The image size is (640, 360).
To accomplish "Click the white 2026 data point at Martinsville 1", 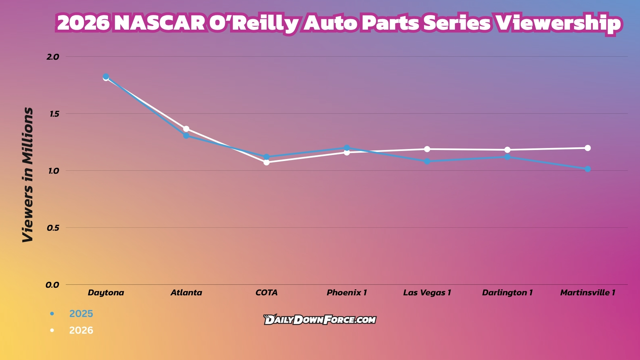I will coord(588,148).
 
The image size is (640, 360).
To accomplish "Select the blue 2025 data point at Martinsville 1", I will coord(588,169).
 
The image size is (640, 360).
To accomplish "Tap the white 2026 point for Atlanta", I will coord(186,129).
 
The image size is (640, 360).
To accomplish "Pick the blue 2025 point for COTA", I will coord(267,157).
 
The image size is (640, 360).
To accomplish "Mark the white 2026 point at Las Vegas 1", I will coord(427,149).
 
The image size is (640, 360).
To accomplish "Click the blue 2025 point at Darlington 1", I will coord(507,157).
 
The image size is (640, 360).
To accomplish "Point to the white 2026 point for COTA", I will coord(267,162).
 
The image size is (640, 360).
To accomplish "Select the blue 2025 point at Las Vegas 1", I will coord(427,161).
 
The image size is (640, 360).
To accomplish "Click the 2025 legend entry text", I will coord(81,314).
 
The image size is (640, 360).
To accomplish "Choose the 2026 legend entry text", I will coord(81,330).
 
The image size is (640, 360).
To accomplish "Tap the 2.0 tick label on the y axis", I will coord(53,57).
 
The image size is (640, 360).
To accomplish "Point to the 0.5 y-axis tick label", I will coord(53,228).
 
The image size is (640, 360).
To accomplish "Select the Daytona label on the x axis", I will coord(106,293).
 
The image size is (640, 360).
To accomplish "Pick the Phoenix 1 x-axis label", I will coord(347,293).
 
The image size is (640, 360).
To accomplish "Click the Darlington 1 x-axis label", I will coord(507,293).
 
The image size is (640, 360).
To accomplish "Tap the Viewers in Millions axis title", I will coord(28,175).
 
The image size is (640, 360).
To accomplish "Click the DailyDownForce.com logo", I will coord(320,320).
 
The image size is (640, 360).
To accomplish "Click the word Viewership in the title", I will coord(558,23).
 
